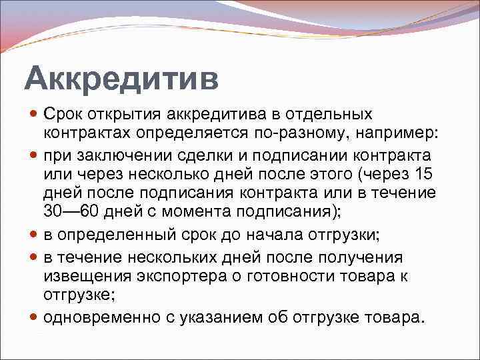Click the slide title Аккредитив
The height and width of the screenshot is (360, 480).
(121, 79)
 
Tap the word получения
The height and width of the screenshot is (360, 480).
(363, 257)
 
